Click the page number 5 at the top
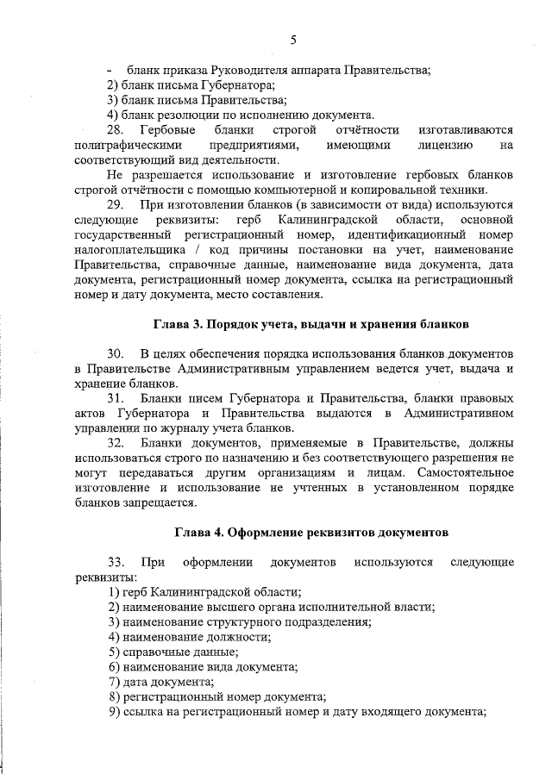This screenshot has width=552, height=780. (293, 40)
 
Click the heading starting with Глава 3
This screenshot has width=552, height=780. (311, 325)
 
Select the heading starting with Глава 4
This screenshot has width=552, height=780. (311, 532)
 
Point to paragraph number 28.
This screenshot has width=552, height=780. (116, 129)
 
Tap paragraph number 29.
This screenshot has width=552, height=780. (116, 205)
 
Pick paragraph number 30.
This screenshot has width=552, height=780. (116, 355)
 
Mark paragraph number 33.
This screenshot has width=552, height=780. (116, 563)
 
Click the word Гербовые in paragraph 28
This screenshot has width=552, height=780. (168, 129)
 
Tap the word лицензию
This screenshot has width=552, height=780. (443, 145)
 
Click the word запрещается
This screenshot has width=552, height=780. (166, 503)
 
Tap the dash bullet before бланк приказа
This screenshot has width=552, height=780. (110, 70)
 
